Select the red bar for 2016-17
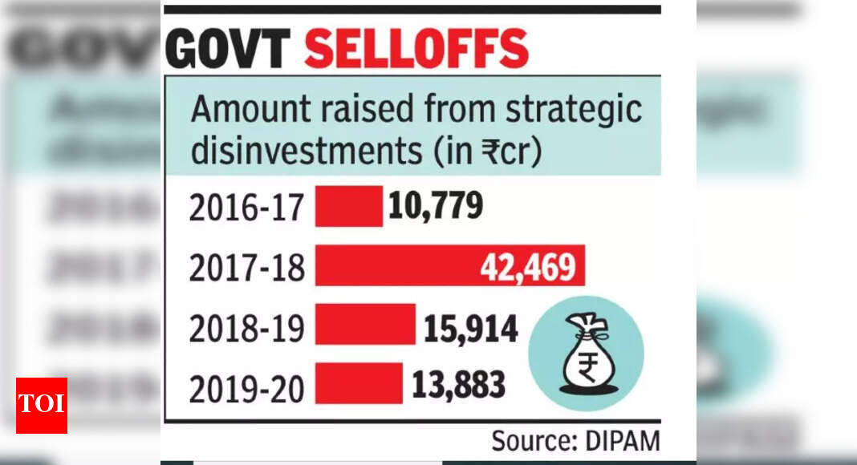tap(348, 207)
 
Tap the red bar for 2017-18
tap(401, 266)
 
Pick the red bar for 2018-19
tap(364, 325)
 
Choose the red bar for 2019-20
tap(358, 383)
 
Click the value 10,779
tap(436, 207)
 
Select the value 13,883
tap(459, 385)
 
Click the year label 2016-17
tap(247, 208)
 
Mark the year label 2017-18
tap(247, 268)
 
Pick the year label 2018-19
tap(247, 328)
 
